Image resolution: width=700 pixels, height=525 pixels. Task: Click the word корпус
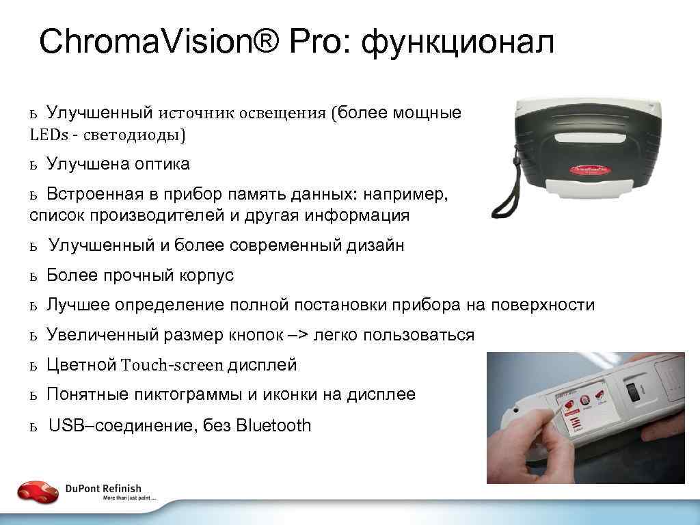pos(206,275)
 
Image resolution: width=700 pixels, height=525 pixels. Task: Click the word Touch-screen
pos(172,365)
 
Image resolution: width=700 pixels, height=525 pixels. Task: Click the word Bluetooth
pos(273,426)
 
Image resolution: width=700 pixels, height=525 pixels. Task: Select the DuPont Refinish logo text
pos(104,488)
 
